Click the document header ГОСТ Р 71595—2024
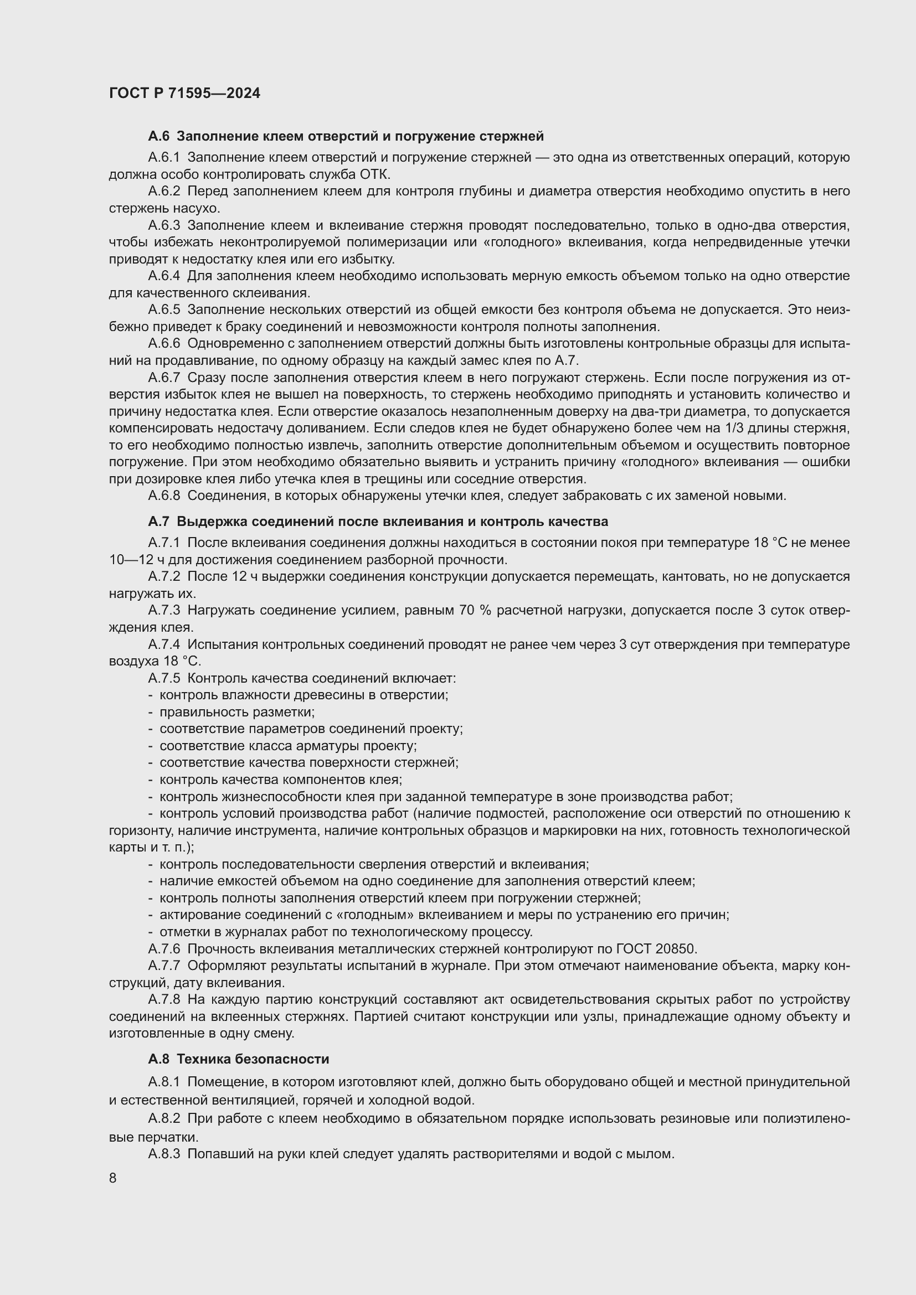pos(184,94)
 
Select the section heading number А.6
pos(158,136)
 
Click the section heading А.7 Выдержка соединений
pos(378,521)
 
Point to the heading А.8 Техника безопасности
pos(239,1059)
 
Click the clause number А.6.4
pos(163,276)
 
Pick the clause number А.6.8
pos(163,496)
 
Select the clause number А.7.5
pos(163,678)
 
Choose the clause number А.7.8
pos(163,999)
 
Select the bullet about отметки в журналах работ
pos(346,932)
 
